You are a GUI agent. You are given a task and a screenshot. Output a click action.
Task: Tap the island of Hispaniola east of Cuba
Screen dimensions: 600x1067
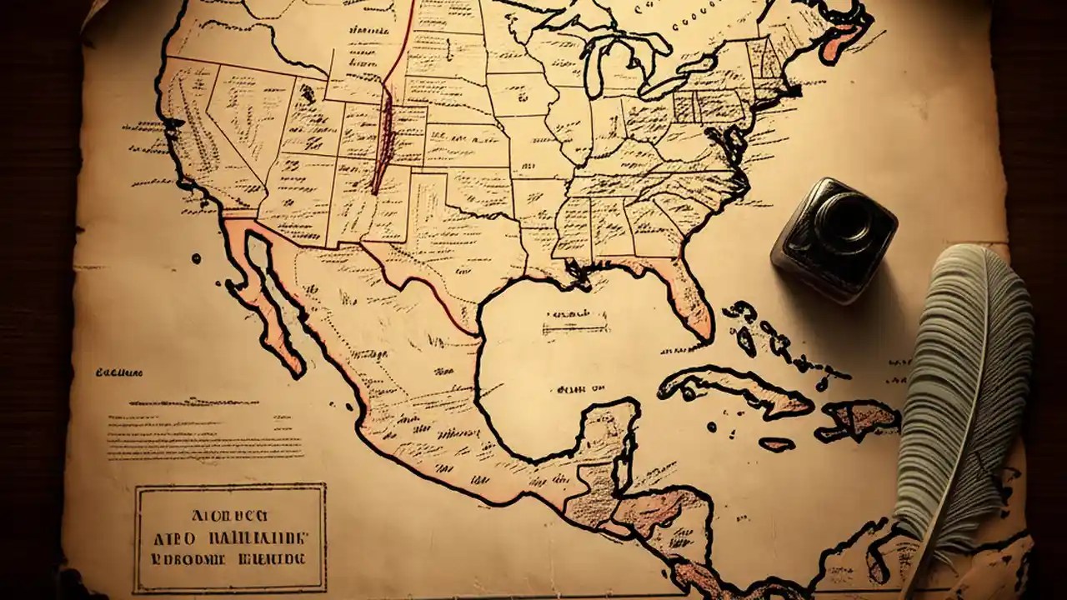tap(854, 417)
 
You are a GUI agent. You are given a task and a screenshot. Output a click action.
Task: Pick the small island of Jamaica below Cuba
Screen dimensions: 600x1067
tap(776, 444)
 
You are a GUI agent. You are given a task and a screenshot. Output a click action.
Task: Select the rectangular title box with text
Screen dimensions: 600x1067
tap(230, 537)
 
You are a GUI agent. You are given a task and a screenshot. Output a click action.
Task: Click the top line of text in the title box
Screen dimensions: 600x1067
tap(230, 514)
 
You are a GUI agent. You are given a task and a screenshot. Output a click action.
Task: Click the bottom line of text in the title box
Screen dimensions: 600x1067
tap(230, 557)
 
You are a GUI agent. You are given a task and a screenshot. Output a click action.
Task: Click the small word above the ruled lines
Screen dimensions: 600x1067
tap(119, 372)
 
